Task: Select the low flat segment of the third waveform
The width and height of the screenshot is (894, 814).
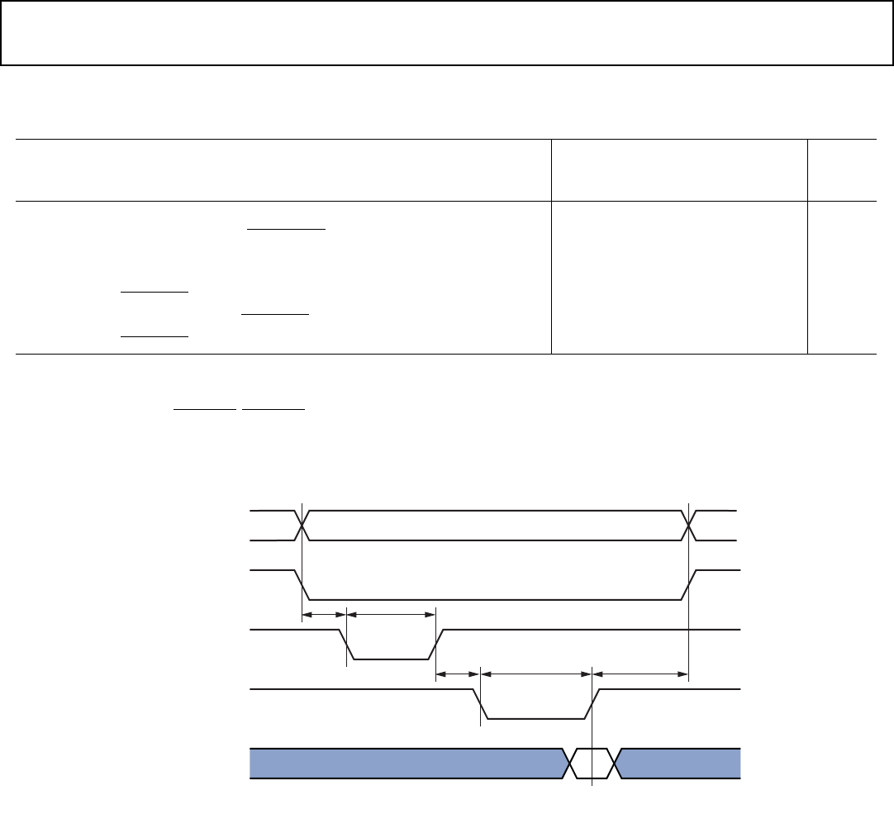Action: tap(392, 659)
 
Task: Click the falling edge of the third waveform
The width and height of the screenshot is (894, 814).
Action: tap(347, 645)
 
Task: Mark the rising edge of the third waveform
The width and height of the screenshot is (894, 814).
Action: tap(436, 645)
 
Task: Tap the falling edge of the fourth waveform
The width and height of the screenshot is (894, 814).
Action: tap(480, 703)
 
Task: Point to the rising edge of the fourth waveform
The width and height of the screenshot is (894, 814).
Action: tap(593, 703)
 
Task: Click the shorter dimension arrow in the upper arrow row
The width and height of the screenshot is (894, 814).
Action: tap(325, 614)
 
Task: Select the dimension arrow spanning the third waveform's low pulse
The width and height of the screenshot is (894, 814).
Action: tap(391, 614)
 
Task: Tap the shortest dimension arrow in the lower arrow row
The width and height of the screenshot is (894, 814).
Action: tap(458, 674)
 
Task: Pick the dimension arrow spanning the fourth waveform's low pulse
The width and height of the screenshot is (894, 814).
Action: tap(536, 674)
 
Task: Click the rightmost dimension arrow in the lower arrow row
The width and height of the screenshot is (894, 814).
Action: tap(640, 674)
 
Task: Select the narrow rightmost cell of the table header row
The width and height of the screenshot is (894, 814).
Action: tap(841, 169)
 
